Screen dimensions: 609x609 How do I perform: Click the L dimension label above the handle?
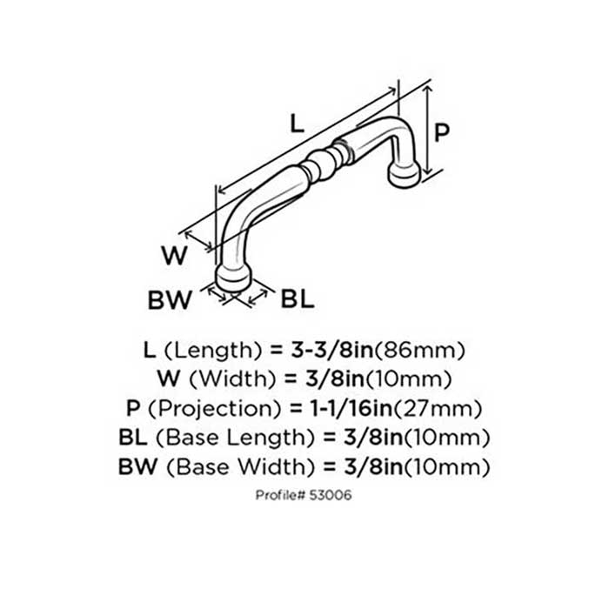pyautogui.click(x=297, y=124)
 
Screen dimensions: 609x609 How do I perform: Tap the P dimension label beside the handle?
pyautogui.click(x=441, y=131)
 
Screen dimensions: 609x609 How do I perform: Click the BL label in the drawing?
pyautogui.click(x=297, y=300)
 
